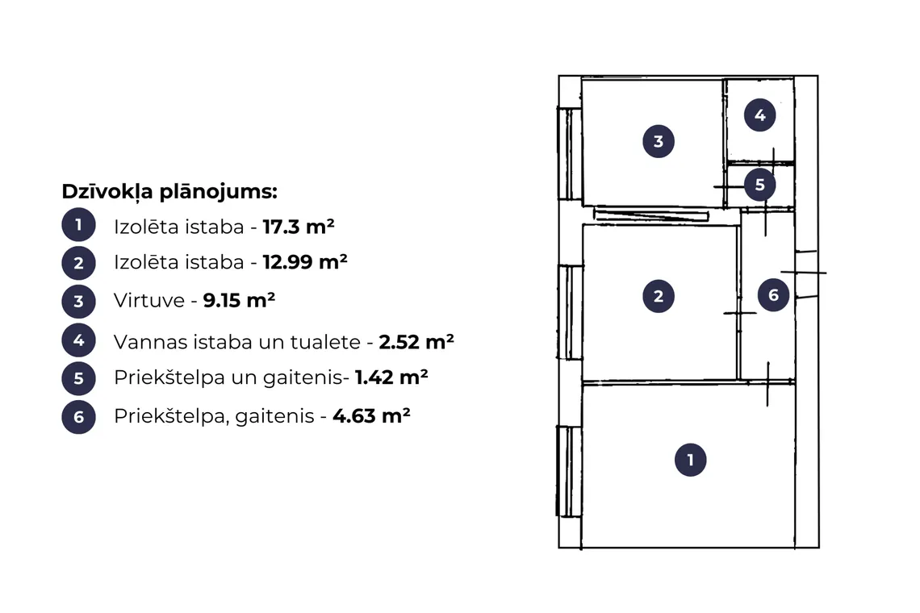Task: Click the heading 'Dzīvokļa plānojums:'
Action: tap(169, 192)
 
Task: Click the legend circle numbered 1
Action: tap(78, 225)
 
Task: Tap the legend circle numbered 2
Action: tap(78, 263)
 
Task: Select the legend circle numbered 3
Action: tap(78, 302)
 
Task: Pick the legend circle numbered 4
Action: tap(78, 340)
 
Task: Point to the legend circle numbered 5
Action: tap(78, 378)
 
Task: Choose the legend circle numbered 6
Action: tap(78, 417)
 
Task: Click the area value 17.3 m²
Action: tap(299, 227)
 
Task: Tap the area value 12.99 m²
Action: tap(305, 261)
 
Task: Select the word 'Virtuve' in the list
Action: tap(149, 300)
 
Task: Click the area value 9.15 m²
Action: tap(239, 300)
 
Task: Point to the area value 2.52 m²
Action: tap(416, 341)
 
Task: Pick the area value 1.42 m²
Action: tap(391, 377)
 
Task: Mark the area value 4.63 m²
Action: tap(371, 416)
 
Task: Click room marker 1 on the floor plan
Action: tap(691, 460)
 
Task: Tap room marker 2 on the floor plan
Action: tap(659, 296)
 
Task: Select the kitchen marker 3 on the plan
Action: tap(659, 141)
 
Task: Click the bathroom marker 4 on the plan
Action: tap(760, 115)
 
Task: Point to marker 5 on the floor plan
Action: tap(760, 185)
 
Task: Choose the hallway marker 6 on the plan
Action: tap(773, 294)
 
